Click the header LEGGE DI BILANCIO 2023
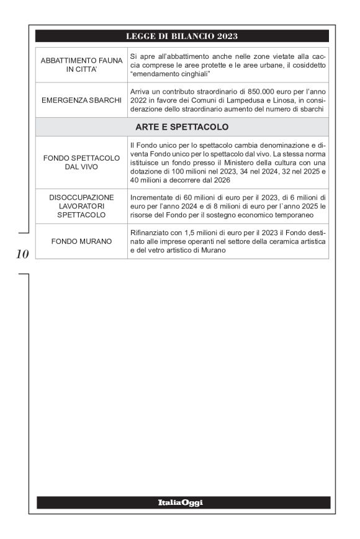tap(182, 35)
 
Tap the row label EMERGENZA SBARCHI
tap(81, 100)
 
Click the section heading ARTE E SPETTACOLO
tap(182, 127)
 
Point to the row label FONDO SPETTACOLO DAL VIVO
tap(81, 163)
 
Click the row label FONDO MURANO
tap(81, 239)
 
